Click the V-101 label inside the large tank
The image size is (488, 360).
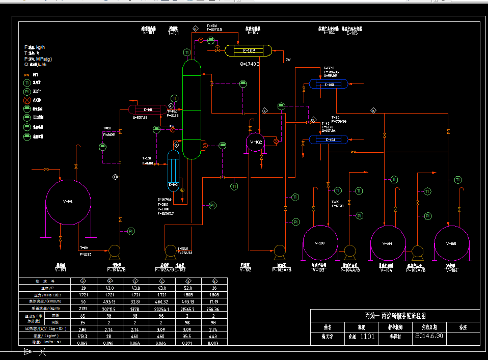[x=68, y=202]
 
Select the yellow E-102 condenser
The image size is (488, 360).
[x=248, y=51]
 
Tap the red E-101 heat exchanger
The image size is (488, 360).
[x=148, y=109]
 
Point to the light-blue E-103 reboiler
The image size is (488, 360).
[x=174, y=171]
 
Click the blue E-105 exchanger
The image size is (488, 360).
[x=329, y=84]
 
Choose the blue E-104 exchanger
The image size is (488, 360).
[x=329, y=140]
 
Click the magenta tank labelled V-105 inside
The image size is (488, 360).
[x=451, y=244]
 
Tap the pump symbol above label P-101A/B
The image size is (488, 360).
[x=114, y=251]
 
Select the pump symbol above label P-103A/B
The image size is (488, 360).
[x=279, y=251]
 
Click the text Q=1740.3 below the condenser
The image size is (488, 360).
[x=250, y=64]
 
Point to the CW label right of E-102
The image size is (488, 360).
[x=288, y=60]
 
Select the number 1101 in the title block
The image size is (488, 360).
[x=368, y=336]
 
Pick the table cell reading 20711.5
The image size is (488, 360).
[x=110, y=309]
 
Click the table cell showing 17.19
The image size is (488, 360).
[x=214, y=302]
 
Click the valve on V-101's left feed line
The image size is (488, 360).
[x=46, y=169]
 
